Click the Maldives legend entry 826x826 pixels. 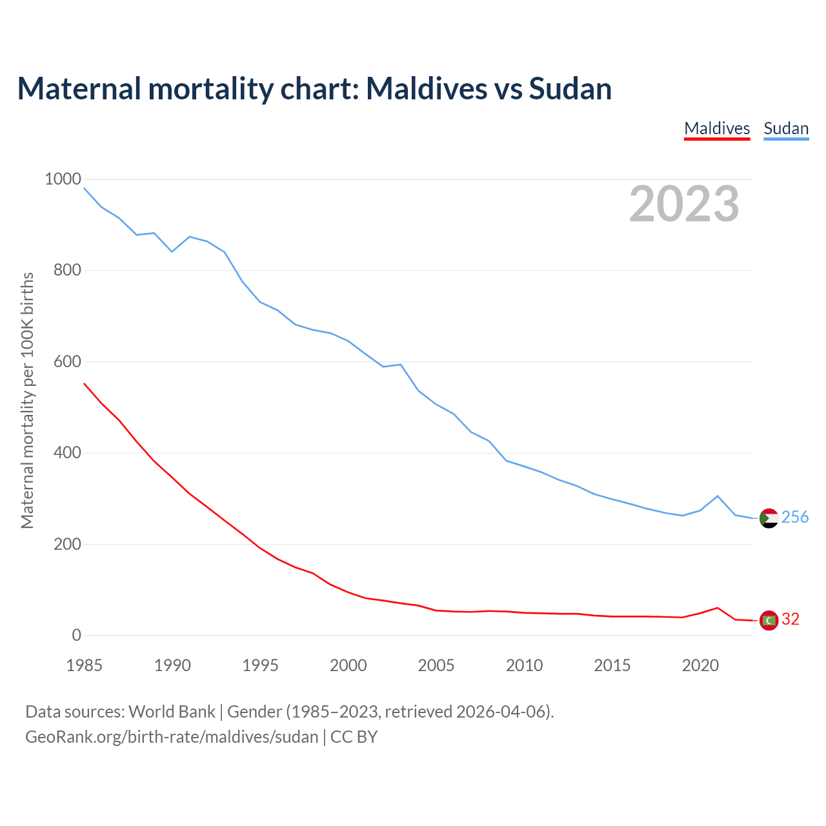click(717, 128)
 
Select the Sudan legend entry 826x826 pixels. click(786, 128)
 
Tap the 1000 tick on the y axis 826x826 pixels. click(63, 179)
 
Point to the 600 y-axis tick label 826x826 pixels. click(67, 361)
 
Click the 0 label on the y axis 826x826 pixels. click(77, 635)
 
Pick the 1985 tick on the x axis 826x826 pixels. click(85, 665)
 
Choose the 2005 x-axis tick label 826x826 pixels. click(436, 665)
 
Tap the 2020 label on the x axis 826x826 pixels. click(700, 665)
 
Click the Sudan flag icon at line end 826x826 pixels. click(769, 518)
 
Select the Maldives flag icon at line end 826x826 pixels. click(769, 620)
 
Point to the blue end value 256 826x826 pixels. click(795, 517)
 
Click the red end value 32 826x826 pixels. click(791, 619)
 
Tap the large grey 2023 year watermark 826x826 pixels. click(684, 204)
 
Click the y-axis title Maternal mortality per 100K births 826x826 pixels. click(27, 400)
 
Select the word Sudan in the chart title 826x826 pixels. click(570, 88)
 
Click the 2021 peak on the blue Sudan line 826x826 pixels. click(718, 496)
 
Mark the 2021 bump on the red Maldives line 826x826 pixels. click(718, 607)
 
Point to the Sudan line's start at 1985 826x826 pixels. click(85, 188)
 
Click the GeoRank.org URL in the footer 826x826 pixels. click(172, 737)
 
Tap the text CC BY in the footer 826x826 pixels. click(354, 737)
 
